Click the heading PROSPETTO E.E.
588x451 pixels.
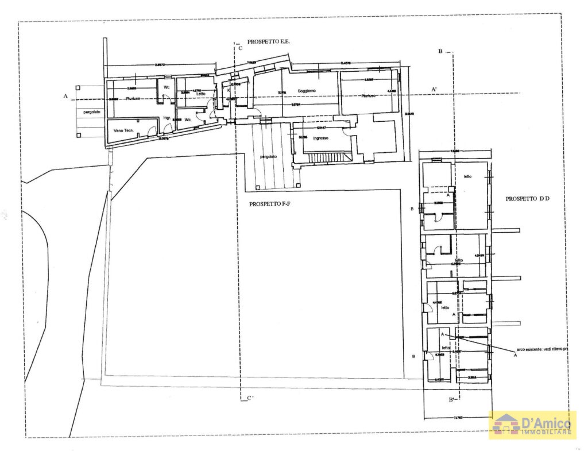click(x=269, y=42)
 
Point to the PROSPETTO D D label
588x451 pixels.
click(x=528, y=199)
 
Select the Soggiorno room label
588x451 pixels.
click(x=307, y=91)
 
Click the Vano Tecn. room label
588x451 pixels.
click(x=124, y=131)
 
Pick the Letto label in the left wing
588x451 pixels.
click(x=200, y=94)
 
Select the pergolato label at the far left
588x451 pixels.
click(x=92, y=111)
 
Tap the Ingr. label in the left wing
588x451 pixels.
click(x=167, y=118)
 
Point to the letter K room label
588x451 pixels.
click(x=229, y=91)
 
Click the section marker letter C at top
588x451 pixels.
click(x=241, y=48)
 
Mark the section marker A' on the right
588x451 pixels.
click(x=435, y=88)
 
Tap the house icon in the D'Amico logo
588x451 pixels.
click(x=506, y=425)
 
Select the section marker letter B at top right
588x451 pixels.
click(x=440, y=52)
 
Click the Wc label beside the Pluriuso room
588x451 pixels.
click(x=167, y=87)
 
